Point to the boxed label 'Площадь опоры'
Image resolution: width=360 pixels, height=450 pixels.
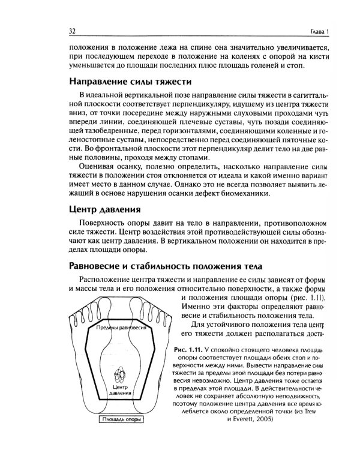tap(123, 421)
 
